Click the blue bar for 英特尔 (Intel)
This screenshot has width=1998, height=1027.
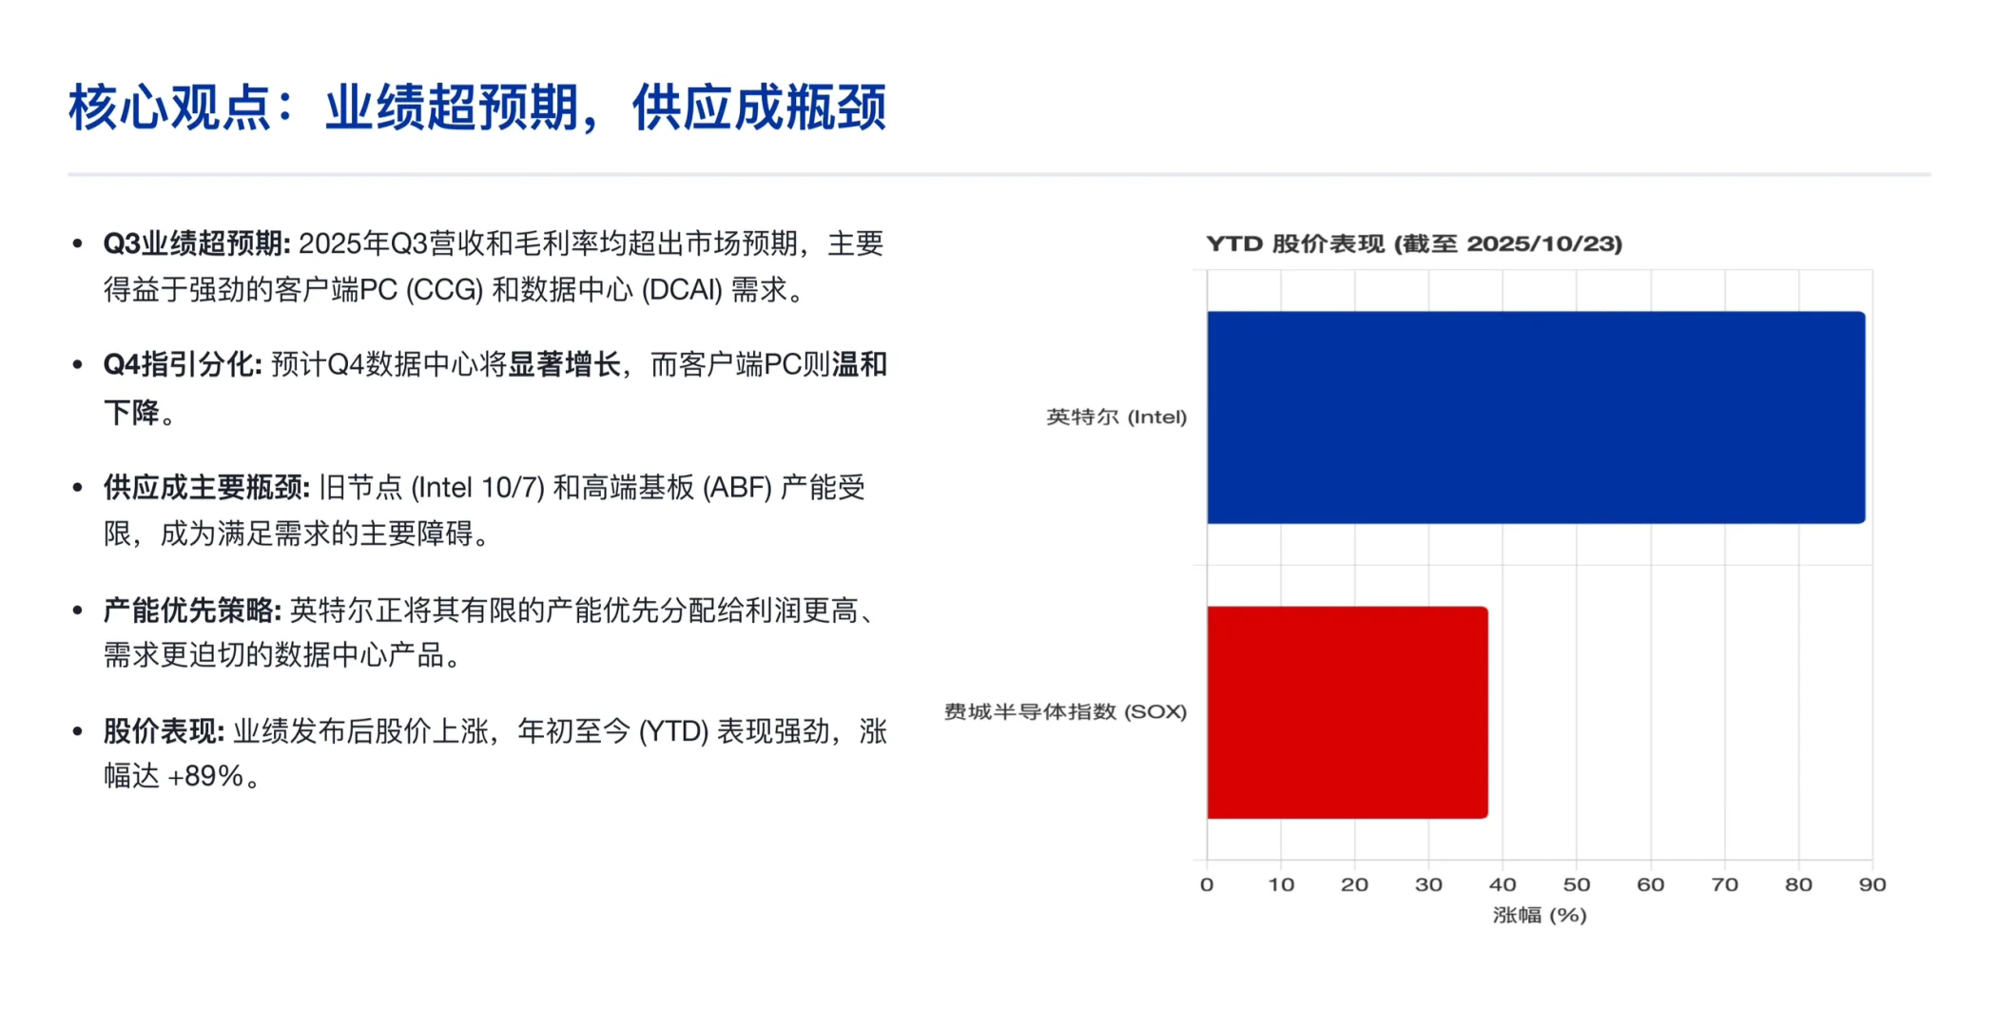[x=1535, y=417]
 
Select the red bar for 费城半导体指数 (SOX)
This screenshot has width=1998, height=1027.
[x=1347, y=712]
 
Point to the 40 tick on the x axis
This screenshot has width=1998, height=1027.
[x=1503, y=884]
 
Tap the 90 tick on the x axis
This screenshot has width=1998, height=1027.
[x=1872, y=884]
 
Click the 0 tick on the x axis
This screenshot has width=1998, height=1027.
[x=1207, y=884]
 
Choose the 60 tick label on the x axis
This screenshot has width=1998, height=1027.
[x=1650, y=884]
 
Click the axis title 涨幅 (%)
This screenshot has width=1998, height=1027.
[x=1539, y=915]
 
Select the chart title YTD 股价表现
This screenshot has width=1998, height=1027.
[x=1413, y=243]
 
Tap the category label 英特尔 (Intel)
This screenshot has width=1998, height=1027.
[x=1115, y=417]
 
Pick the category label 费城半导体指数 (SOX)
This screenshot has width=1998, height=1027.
[x=1064, y=712]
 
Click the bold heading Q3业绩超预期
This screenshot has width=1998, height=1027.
[x=196, y=244]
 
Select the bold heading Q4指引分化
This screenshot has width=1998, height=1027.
[x=182, y=365]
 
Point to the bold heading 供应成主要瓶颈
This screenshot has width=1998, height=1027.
[x=205, y=488]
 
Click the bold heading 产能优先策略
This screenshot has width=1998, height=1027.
[x=191, y=610]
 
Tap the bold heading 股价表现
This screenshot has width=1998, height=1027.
[x=164, y=732]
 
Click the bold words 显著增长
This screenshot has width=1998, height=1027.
[x=564, y=365]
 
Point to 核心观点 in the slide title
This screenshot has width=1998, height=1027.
[x=169, y=107]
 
